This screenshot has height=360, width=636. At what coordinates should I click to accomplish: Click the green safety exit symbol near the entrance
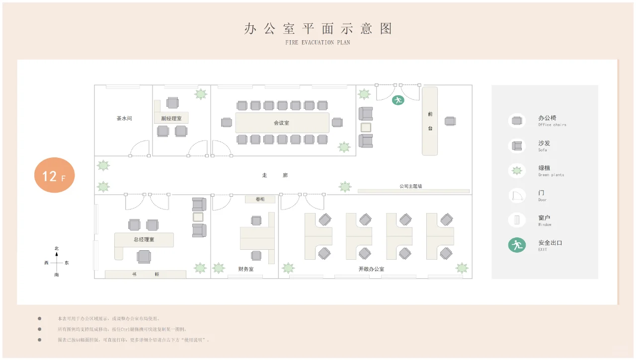point(397,100)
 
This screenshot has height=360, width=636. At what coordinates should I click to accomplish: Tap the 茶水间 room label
point(124,119)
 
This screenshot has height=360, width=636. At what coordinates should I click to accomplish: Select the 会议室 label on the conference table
point(281,123)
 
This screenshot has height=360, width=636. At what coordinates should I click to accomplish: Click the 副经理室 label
point(171,119)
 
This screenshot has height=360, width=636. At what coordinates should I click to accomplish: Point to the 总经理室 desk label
point(144,240)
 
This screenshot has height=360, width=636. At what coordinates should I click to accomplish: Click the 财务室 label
point(246,269)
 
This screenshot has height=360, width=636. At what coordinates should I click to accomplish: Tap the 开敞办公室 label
point(371,269)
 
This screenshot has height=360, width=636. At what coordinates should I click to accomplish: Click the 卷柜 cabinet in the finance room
point(260,199)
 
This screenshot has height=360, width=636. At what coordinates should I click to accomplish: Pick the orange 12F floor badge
point(54,175)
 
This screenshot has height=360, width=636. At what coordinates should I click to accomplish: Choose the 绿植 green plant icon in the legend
point(517,171)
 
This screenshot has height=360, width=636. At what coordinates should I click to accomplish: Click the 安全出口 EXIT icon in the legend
point(517,245)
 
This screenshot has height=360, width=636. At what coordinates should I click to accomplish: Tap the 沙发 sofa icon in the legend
point(517,146)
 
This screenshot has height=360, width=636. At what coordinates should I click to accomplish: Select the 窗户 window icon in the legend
point(517,220)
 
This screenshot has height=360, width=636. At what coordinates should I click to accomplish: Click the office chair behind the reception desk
point(450,121)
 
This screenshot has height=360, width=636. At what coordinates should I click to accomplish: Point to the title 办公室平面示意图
point(318,28)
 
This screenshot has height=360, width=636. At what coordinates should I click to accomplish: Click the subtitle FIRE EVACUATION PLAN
point(318,43)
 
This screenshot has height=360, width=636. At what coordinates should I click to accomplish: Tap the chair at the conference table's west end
point(227,122)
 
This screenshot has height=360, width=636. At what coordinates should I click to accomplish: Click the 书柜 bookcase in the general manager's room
point(146,274)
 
